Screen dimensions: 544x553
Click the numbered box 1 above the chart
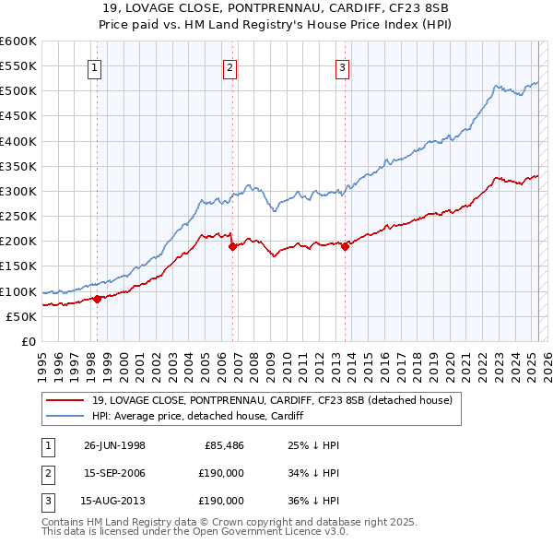click(x=97, y=66)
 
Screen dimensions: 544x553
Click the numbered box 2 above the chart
click(x=229, y=66)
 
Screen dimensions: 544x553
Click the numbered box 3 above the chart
click(x=342, y=66)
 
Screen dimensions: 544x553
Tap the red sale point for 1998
click(x=97, y=298)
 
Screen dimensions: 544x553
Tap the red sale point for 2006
click(x=232, y=245)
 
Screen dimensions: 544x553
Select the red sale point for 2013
click(x=345, y=245)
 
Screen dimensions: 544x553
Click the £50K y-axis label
click(x=21, y=316)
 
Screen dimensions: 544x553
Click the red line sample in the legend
click(x=65, y=401)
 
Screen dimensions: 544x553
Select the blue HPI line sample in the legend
click(x=65, y=417)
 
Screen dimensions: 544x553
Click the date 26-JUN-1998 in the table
click(x=114, y=445)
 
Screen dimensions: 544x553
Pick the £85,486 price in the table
click(x=223, y=445)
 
